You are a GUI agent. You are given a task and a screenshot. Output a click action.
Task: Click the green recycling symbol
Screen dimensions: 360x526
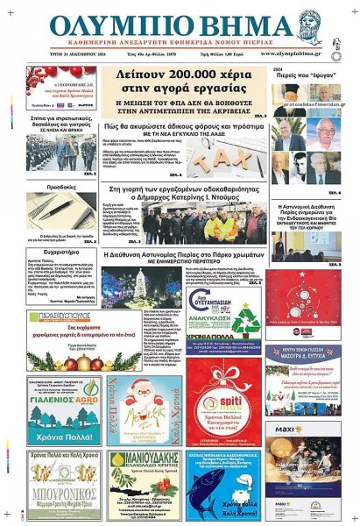pyautogui.click(x=245, y=319)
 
